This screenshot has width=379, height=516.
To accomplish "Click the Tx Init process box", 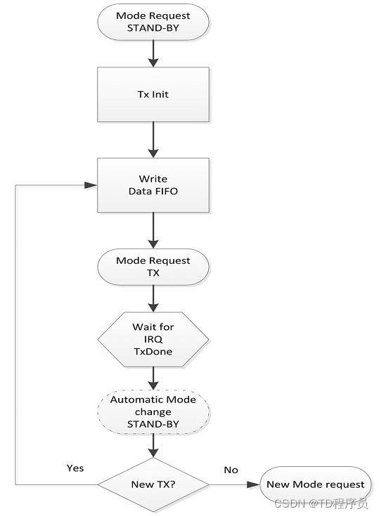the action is pyautogui.click(x=153, y=95).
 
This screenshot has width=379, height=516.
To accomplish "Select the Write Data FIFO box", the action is pyautogui.click(x=153, y=185).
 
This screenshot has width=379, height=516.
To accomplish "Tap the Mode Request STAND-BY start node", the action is pyautogui.click(x=153, y=22).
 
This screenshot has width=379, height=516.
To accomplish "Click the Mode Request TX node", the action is pyautogui.click(x=153, y=267).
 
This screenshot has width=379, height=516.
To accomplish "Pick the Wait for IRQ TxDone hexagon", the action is pyautogui.click(x=153, y=339).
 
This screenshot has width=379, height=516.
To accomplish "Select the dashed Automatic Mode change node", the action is pyautogui.click(x=153, y=411).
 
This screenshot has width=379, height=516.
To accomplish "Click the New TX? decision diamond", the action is pyautogui.click(x=153, y=484).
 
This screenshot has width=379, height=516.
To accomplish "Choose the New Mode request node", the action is pyautogui.click(x=316, y=484).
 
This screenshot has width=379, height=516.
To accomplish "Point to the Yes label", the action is pyautogui.click(x=75, y=468).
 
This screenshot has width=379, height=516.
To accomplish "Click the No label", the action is pyautogui.click(x=231, y=470).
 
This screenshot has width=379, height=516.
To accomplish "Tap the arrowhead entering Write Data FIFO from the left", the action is pyautogui.click(x=91, y=185).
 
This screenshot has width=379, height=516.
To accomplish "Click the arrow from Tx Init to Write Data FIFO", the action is pyautogui.click(x=153, y=140).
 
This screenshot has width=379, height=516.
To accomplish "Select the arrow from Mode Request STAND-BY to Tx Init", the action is pyautogui.click(x=153, y=53).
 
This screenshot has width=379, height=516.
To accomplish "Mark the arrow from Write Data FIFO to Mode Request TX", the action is pyautogui.click(x=153, y=230).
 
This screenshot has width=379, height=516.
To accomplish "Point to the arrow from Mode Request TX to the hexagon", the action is pyautogui.click(x=153, y=298).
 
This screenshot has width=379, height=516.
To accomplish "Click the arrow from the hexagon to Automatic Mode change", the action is pyautogui.click(x=153, y=378).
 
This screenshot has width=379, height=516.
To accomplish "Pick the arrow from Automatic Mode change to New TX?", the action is pyautogui.click(x=153, y=446).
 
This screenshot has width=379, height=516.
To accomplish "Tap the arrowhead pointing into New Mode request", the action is pyautogui.click(x=253, y=484).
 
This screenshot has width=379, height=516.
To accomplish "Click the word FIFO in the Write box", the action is pyautogui.click(x=166, y=191).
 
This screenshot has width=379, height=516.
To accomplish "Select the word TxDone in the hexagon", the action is pyautogui.click(x=153, y=352).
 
